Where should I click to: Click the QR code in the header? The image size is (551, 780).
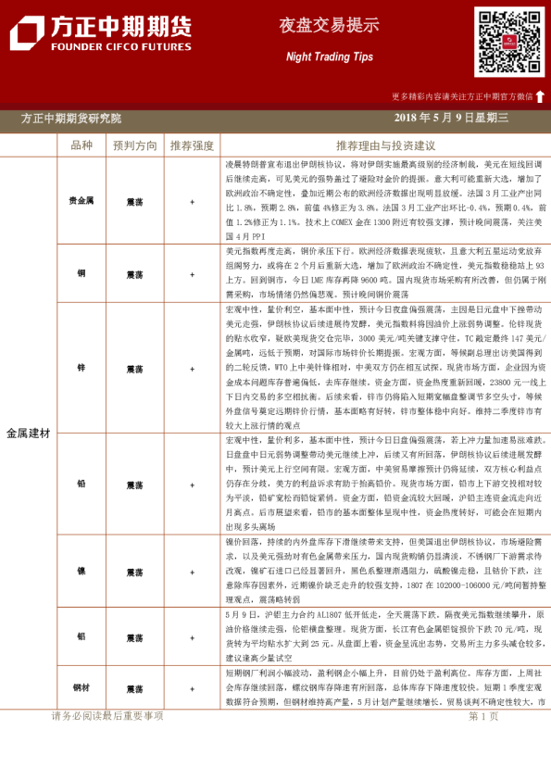(x=509, y=42)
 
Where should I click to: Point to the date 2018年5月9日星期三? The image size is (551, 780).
(x=451, y=118)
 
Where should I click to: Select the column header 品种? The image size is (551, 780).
(x=81, y=145)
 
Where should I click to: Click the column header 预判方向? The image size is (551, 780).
(x=134, y=145)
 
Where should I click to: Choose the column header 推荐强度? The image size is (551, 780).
(x=192, y=145)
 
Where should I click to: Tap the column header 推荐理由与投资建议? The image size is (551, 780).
(x=385, y=145)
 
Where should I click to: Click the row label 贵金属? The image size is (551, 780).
(x=81, y=200)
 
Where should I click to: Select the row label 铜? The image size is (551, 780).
(x=81, y=273)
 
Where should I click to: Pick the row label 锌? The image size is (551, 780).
(x=81, y=368)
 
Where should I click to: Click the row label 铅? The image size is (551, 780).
(x=81, y=484)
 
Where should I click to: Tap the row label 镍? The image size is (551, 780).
(x=81, y=571)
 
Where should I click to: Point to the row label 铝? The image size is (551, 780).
(x=81, y=636)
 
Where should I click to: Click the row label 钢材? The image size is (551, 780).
(x=81, y=688)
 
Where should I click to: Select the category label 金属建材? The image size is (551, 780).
(x=29, y=433)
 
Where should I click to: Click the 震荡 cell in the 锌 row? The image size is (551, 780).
(x=134, y=368)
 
